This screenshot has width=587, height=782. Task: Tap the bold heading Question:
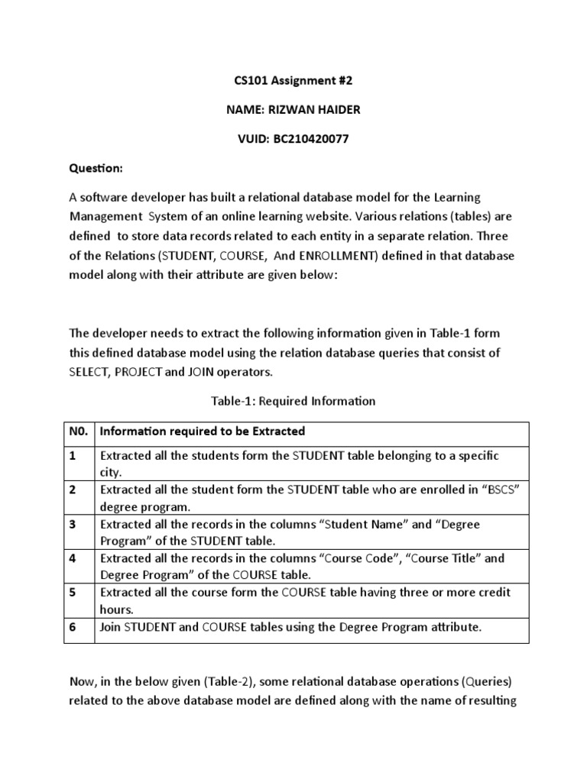coord(96,168)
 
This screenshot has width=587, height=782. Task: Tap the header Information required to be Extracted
coord(203,431)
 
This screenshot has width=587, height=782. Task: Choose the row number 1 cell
coord(73,456)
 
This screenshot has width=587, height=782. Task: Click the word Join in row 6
coord(112,627)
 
